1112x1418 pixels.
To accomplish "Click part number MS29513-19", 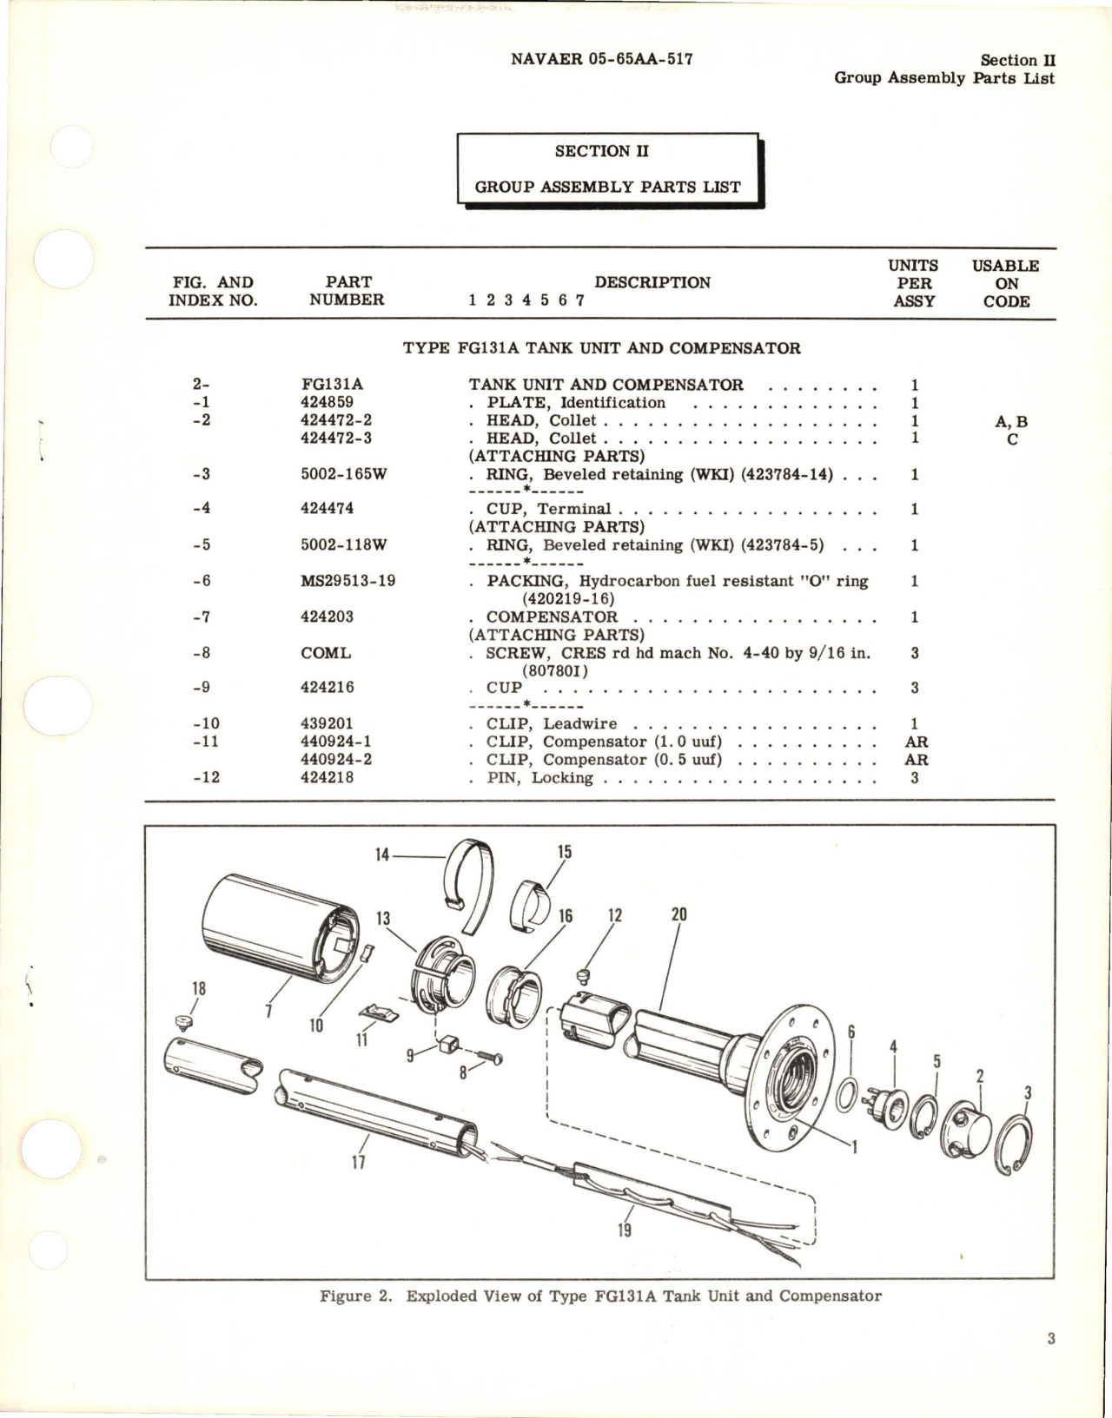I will [347, 580].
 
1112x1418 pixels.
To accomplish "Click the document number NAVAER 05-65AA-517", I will [601, 59].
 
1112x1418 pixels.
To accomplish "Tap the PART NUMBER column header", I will [347, 291].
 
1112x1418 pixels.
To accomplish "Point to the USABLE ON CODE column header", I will [1005, 283].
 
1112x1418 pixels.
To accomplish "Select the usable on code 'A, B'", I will [1010, 421].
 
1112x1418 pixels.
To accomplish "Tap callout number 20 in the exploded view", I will [678, 914].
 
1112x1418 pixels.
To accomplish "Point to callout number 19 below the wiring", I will [624, 1230].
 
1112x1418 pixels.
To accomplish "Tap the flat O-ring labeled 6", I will [845, 1095].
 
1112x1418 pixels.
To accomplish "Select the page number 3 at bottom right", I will [1050, 1338].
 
